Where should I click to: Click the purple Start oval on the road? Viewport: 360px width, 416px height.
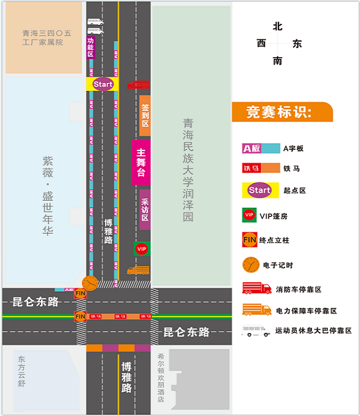[x=103, y=84]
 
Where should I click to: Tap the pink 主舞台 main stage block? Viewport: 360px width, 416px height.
[x=141, y=163]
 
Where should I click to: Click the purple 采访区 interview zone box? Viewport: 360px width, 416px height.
[x=144, y=209]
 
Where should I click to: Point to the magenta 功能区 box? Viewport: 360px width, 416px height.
[x=90, y=47]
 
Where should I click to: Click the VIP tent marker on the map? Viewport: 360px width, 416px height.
[x=141, y=248]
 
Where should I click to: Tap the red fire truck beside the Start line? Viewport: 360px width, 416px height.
[x=138, y=85]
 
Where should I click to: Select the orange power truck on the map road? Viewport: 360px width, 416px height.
[x=138, y=270]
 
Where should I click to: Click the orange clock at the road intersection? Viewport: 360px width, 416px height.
[x=89, y=282]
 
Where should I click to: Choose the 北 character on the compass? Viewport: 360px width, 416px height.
[x=277, y=27]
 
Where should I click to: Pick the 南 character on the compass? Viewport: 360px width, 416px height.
[x=277, y=61]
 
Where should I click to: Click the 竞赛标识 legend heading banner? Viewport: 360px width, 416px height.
[x=282, y=112]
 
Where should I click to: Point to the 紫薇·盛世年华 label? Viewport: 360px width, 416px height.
[x=48, y=196]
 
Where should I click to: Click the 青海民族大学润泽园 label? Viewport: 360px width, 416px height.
[x=188, y=169]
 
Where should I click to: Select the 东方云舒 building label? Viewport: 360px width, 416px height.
[x=22, y=371]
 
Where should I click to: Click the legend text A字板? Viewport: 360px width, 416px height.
[x=293, y=149]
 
